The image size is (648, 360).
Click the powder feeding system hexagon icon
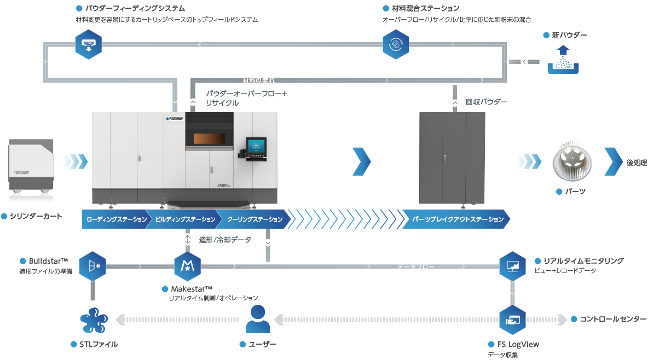point(88,44)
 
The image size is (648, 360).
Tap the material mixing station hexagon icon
point(395,44)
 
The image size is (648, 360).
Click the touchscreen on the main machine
point(256,146)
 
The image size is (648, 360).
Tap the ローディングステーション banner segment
point(116,219)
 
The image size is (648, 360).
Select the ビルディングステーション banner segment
point(184,219)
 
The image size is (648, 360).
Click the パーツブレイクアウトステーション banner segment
point(458,219)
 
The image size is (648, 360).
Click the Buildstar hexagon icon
point(92,266)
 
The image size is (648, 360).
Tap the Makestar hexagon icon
point(187,266)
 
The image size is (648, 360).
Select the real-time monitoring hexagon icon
point(513,266)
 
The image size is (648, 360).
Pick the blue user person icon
point(258,320)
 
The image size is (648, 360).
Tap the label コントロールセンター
point(613,319)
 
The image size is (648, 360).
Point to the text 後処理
point(637,162)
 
